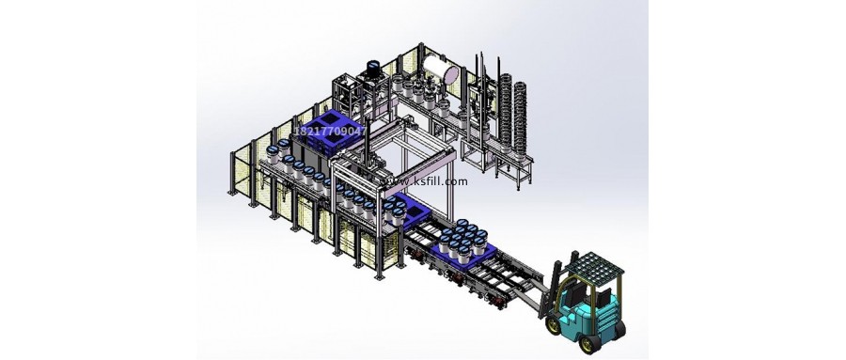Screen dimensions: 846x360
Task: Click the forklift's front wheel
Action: coord(554,325)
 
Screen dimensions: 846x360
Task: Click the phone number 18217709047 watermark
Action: coord(330,131)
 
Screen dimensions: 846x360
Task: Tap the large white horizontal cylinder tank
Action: coord(440,69)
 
